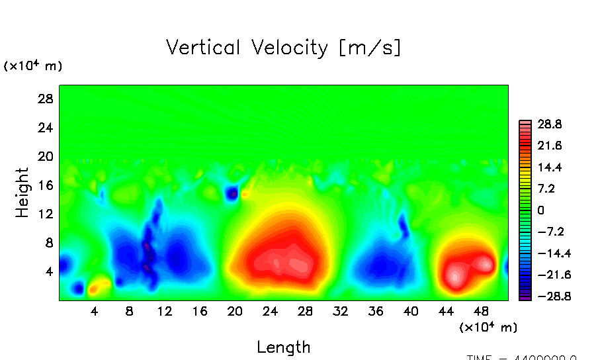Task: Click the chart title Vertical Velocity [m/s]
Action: click(x=283, y=48)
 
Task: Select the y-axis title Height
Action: click(x=22, y=193)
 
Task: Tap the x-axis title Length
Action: click(x=283, y=347)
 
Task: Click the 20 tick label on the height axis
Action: click(x=44, y=156)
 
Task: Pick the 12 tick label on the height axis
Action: click(x=44, y=214)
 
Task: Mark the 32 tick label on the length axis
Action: click(x=341, y=311)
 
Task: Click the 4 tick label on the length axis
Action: click(x=94, y=311)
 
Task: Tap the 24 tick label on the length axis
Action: click(x=270, y=311)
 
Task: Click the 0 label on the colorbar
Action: click(x=540, y=210)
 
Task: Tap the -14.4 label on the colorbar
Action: click(x=550, y=253)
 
